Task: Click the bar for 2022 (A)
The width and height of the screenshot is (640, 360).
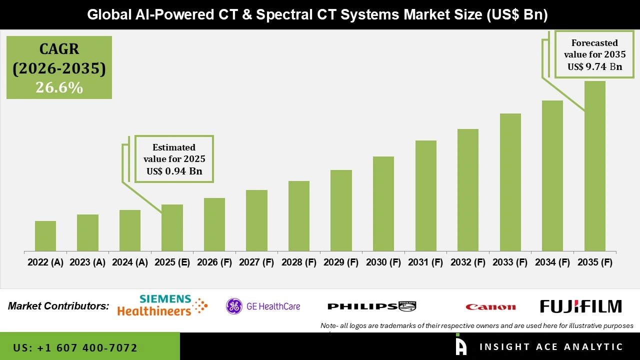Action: click(x=45, y=236)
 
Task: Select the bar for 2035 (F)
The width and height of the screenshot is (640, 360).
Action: click(x=594, y=166)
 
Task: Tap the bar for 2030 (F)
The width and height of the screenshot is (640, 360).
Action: click(x=383, y=203)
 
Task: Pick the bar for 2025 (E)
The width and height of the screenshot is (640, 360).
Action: click(x=172, y=227)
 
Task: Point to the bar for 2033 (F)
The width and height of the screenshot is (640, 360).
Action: click(x=510, y=182)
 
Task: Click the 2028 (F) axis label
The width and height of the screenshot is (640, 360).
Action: click(x=299, y=262)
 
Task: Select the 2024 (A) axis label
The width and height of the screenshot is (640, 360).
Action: click(x=130, y=262)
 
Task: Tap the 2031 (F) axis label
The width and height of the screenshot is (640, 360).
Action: click(x=425, y=262)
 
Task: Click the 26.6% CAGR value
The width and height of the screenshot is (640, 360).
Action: click(x=59, y=87)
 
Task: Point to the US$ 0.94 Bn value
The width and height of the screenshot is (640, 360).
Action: click(x=174, y=171)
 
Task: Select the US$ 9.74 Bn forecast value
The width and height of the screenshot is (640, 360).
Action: click(x=594, y=66)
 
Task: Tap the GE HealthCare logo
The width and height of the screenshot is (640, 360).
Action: click(x=263, y=306)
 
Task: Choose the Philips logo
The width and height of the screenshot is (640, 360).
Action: click(x=371, y=306)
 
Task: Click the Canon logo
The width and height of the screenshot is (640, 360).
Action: click(x=490, y=307)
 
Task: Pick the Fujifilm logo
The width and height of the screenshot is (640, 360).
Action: click(x=580, y=306)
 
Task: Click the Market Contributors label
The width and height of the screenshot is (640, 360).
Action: click(x=58, y=306)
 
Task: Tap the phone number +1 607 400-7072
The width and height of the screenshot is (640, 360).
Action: click(x=75, y=347)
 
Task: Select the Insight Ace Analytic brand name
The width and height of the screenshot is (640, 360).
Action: click(x=551, y=347)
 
